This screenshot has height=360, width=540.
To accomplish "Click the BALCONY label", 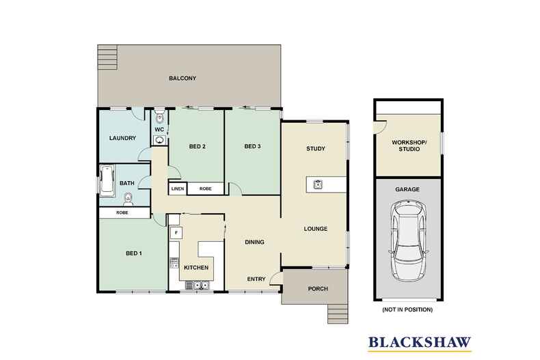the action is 183,79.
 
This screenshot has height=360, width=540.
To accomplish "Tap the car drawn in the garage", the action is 409,240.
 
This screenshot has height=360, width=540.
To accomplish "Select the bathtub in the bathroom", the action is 107,180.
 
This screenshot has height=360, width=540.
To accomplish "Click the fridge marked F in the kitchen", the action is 176,233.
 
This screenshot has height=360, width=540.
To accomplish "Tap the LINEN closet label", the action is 178,189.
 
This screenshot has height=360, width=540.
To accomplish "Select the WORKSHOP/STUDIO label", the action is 409,146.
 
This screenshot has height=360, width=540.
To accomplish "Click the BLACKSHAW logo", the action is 420,343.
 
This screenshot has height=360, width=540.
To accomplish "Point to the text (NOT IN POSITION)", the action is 407,309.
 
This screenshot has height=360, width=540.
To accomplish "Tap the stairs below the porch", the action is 338,314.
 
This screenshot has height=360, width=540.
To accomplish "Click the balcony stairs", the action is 107,58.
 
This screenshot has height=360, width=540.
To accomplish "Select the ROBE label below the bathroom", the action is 122,212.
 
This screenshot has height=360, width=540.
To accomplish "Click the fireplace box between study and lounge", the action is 318,184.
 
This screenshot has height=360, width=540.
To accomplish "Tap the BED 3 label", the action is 252,146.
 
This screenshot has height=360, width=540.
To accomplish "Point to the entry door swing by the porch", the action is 275,278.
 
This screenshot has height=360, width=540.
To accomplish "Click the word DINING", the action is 254,243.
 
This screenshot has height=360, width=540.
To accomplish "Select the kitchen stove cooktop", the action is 174,262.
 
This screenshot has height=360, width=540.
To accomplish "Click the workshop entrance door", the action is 381,126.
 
